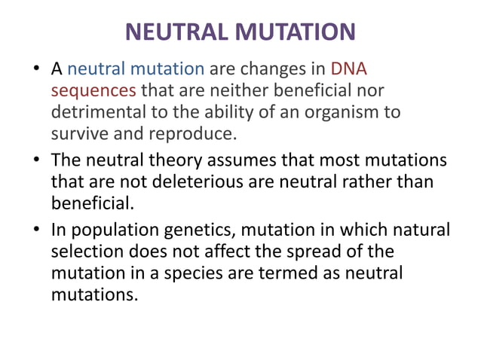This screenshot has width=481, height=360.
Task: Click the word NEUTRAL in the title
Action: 175,32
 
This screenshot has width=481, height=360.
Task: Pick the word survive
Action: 79,134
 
